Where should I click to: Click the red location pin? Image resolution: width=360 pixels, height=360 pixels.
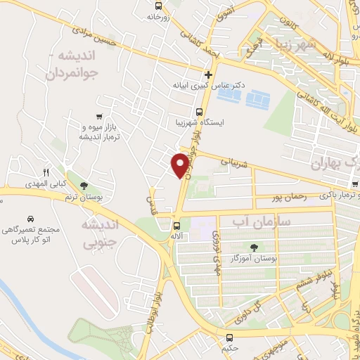[181, 165]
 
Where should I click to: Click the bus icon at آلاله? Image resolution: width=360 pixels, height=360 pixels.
[176, 226]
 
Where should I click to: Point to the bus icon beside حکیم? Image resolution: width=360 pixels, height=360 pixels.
[230, 336]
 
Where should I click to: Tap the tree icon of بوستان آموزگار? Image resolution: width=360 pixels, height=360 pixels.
[254, 247]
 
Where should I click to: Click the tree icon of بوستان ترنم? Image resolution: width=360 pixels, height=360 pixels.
[85, 186]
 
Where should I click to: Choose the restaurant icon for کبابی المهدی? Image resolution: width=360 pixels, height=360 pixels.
[46, 172]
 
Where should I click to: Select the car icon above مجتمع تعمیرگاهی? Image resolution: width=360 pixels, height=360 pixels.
[31, 219]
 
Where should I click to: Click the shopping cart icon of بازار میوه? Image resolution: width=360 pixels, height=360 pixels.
[99, 117]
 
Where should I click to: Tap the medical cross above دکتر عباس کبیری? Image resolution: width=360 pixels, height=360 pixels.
[208, 74]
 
